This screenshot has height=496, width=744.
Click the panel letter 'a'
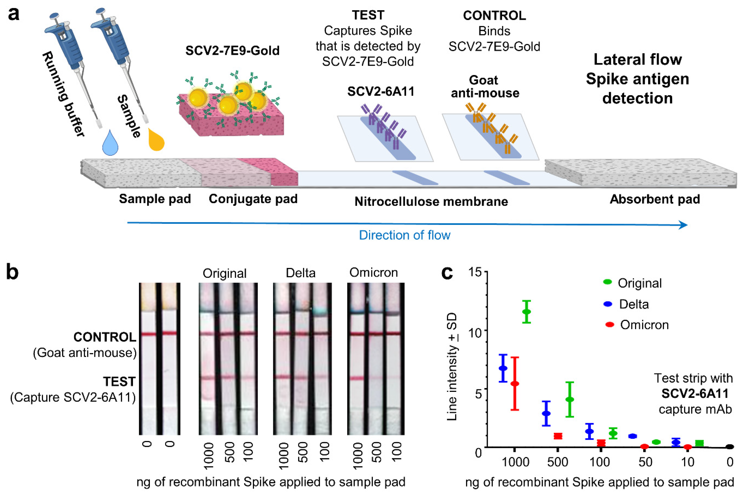click(x=13, y=14)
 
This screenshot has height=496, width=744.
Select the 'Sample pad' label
click(x=155, y=199)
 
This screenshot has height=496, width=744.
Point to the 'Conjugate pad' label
click(x=253, y=199)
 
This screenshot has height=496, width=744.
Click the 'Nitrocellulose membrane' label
click(x=431, y=202)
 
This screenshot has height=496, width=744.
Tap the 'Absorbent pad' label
click(x=655, y=199)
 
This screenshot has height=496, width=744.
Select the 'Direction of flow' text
click(x=404, y=235)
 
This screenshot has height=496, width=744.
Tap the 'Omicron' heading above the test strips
click(x=373, y=273)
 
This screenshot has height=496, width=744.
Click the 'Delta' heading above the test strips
click(x=301, y=273)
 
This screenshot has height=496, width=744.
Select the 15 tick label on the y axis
click(x=474, y=272)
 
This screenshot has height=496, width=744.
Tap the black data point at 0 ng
click(x=729, y=447)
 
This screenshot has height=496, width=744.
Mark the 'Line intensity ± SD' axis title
click(x=452, y=367)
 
